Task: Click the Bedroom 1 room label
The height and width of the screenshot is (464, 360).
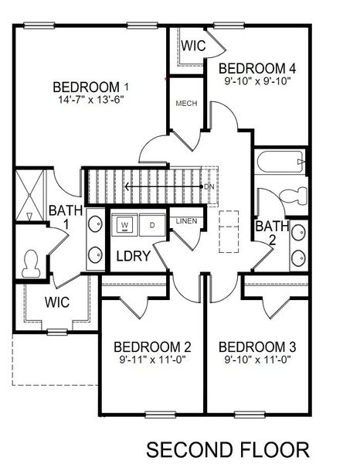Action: (90, 86)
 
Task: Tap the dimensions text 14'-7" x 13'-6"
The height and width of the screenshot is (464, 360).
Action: (90, 100)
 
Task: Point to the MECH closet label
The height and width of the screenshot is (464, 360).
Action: (185, 103)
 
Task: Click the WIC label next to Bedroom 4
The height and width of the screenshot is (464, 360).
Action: (193, 46)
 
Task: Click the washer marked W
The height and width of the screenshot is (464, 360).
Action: (124, 226)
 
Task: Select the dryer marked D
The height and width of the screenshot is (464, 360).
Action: (151, 226)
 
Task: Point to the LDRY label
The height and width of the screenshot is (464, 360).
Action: (132, 255)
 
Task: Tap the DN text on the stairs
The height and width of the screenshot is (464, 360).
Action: (209, 187)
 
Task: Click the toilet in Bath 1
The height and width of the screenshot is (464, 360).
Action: (32, 265)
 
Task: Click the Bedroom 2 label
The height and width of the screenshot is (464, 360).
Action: (151, 346)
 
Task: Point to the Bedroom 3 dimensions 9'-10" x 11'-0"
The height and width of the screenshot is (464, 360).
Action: (255, 360)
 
